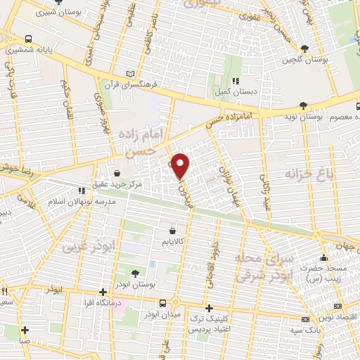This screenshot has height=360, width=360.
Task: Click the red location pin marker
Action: pyautogui.click(x=181, y=165)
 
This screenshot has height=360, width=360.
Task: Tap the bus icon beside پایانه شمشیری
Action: pyautogui.click(x=27, y=39)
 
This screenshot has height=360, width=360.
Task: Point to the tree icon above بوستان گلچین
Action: pyautogui.click(x=304, y=48)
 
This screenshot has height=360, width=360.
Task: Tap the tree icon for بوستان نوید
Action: pyautogui.click(x=303, y=105)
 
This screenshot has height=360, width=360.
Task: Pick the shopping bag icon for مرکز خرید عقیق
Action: pyautogui.click(x=117, y=173)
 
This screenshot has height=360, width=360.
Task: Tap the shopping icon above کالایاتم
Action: pyautogui.click(x=173, y=230)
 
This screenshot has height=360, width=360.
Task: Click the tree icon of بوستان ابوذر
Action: pyautogui.click(x=134, y=274)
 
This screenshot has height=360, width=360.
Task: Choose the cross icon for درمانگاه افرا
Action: pyautogui.click(x=103, y=292)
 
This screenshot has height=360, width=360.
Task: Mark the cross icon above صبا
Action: pyautogui.click(x=25, y=330)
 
